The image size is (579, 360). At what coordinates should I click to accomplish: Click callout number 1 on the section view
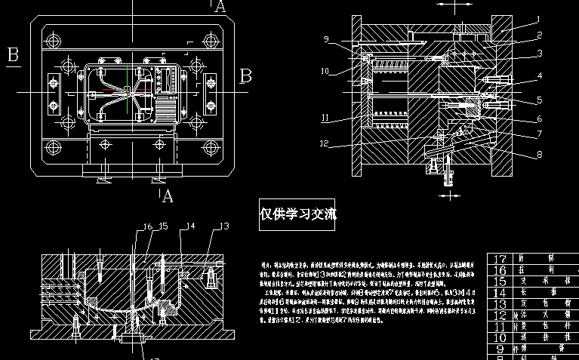tap(538, 18)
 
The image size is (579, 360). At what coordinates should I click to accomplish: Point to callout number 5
tap(539, 99)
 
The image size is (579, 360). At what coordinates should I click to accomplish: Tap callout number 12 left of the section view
tap(324, 143)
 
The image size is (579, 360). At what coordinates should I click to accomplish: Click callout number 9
tap(326, 39)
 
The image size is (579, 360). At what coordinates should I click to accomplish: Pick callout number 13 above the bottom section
tap(223, 226)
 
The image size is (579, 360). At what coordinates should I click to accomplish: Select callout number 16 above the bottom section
tap(149, 226)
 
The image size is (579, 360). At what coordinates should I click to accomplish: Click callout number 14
tap(191, 226)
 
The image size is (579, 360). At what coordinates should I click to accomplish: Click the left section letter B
tap(13, 54)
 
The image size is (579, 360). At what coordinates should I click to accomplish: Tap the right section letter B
tap(245, 75)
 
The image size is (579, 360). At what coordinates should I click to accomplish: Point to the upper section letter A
tap(220, 7)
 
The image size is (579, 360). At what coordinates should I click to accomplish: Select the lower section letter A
tap(168, 197)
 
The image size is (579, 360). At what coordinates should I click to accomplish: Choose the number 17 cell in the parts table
tap(500, 258)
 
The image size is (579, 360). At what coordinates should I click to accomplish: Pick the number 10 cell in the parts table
tap(500, 337)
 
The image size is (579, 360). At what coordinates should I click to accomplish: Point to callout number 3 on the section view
tap(539, 53)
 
